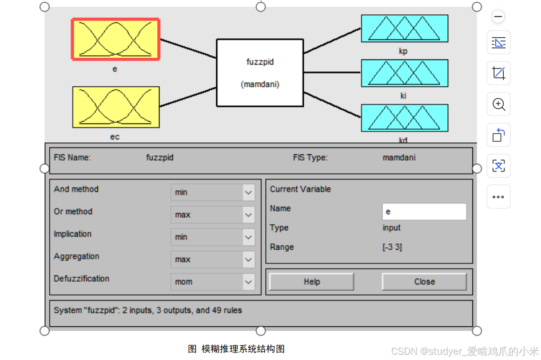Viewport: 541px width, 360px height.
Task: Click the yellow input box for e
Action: [116, 39]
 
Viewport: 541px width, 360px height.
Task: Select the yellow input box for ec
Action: [116, 107]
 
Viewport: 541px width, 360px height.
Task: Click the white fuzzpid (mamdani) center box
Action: [260, 73]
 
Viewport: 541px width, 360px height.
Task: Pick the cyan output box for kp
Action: [404, 29]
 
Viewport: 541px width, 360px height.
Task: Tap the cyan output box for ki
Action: [404, 73]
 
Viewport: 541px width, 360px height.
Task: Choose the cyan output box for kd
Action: [404, 118]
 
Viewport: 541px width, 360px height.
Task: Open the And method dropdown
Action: [213, 193]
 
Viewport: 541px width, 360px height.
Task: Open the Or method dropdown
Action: [213, 215]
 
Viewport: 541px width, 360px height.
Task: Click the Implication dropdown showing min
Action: [213, 237]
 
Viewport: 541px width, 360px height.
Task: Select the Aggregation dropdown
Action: [213, 259]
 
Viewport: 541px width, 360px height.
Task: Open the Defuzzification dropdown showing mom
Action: [213, 282]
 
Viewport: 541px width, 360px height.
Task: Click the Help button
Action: [312, 282]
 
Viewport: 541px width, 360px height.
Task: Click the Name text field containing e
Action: [424, 211]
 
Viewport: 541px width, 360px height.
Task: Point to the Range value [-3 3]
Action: [392, 247]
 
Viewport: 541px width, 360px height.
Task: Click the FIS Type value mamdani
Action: [399, 158]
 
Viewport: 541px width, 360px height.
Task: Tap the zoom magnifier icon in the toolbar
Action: [499, 105]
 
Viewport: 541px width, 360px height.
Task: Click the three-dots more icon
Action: [499, 197]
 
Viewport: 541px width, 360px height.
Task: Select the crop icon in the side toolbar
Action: [499, 74]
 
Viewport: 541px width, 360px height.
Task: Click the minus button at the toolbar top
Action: [498, 17]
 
